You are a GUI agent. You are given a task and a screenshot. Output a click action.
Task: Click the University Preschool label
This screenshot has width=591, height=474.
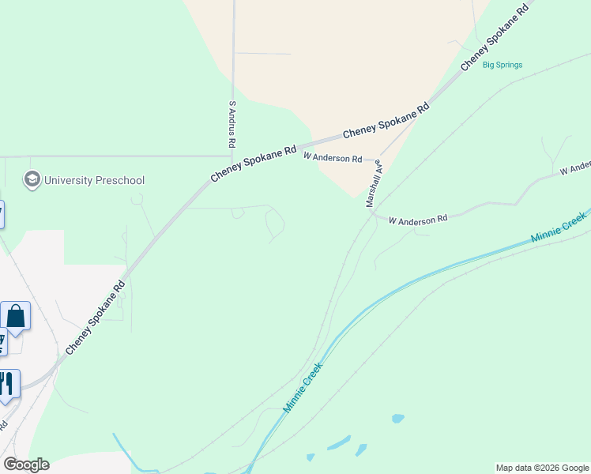(94, 180)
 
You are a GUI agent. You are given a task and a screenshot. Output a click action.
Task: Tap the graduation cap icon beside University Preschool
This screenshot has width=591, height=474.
(32, 179)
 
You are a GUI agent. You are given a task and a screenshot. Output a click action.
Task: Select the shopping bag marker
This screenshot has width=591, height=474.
(16, 317)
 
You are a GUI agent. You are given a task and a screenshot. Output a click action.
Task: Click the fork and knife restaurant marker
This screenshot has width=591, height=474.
(7, 384)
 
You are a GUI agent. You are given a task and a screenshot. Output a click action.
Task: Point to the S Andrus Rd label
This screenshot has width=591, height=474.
(232, 124)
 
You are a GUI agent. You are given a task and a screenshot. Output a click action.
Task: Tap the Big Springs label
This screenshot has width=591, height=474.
(503, 65)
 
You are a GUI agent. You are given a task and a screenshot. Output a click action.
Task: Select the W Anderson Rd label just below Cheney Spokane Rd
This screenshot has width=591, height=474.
(333, 158)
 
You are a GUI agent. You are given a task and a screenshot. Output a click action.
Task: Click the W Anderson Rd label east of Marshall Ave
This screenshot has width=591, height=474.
(418, 219)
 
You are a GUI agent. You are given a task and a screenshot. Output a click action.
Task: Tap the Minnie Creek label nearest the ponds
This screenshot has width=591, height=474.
(303, 387)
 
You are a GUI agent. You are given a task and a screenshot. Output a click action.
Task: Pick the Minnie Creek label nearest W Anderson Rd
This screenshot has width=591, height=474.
(559, 228)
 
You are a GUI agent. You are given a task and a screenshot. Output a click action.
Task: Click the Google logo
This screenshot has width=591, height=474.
(26, 465)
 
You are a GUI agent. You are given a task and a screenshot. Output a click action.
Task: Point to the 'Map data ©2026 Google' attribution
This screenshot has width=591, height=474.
(543, 468)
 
